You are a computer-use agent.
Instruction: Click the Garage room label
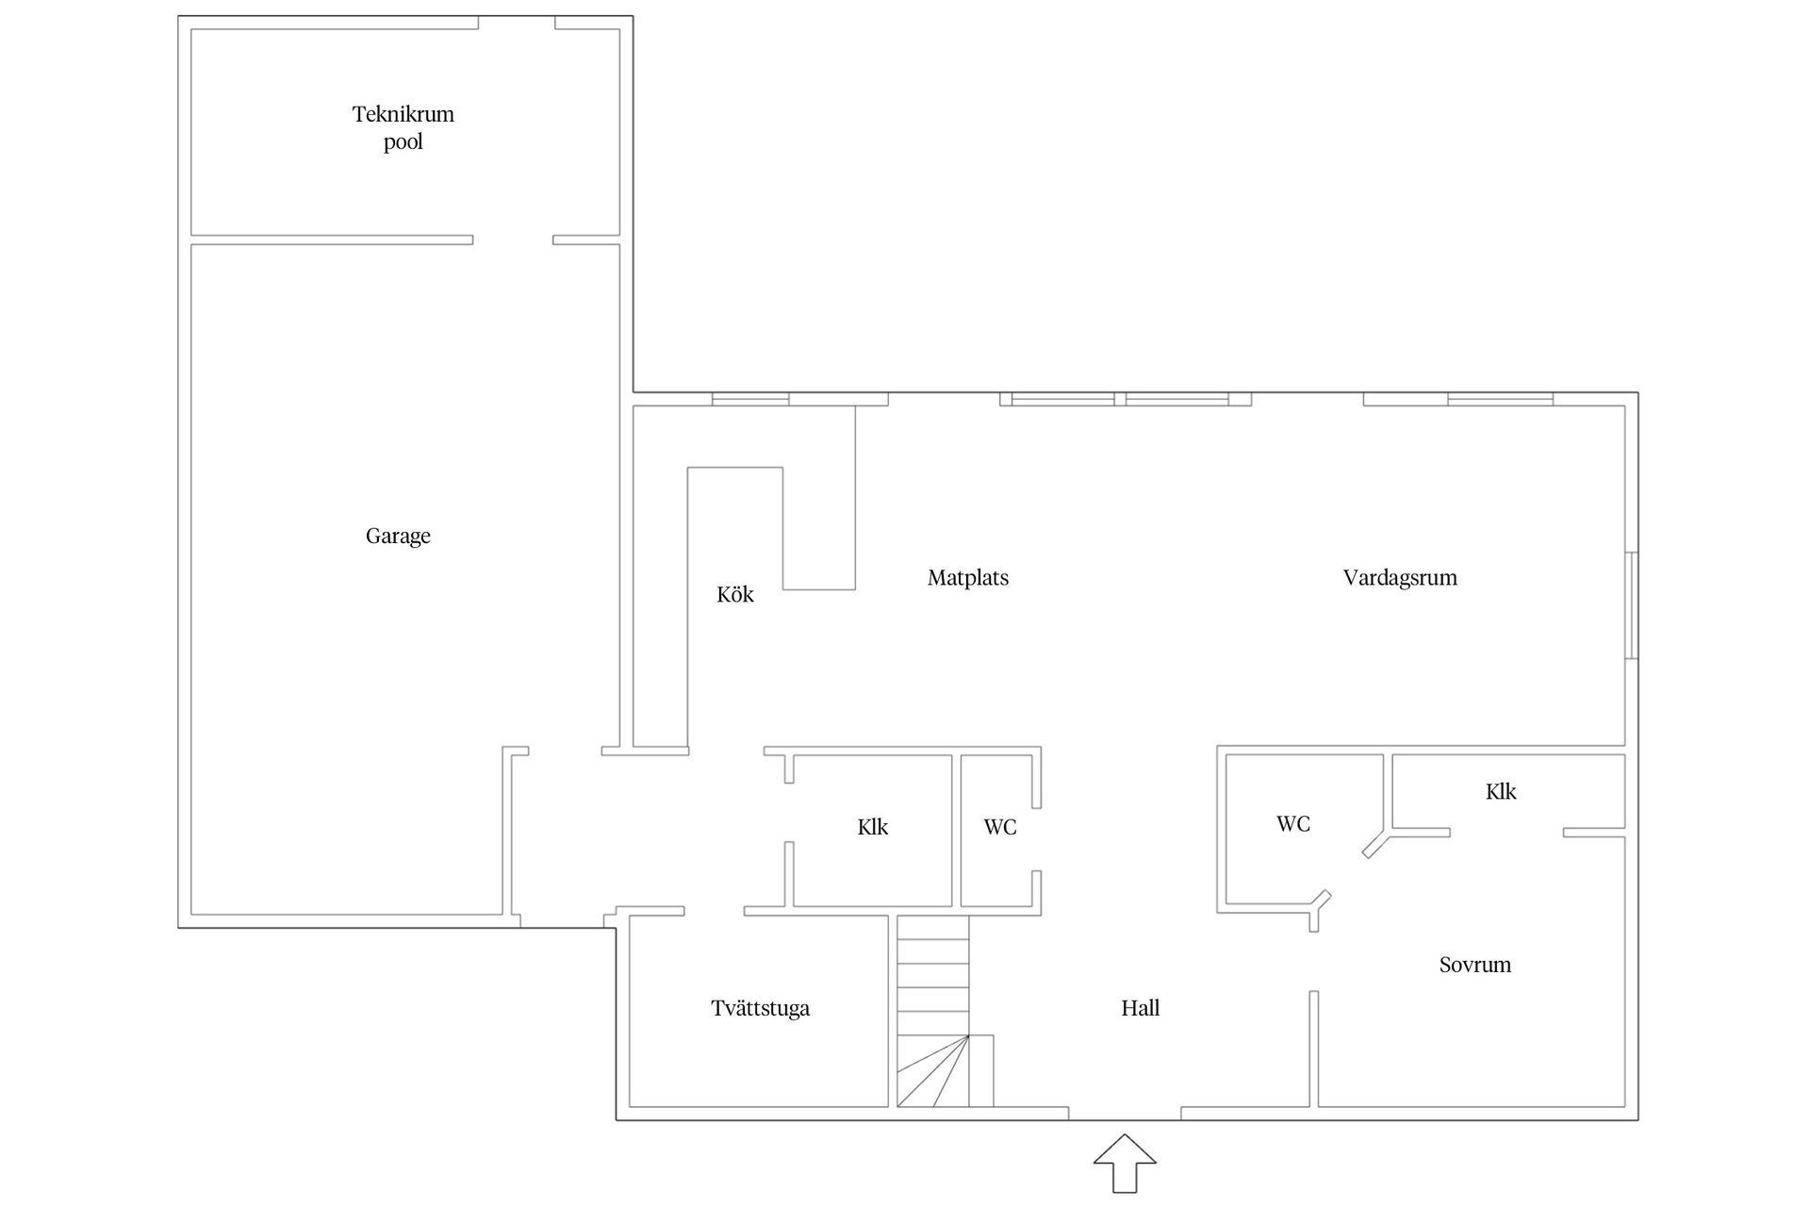[x=398, y=537]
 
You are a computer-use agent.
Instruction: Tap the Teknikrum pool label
[x=403, y=127]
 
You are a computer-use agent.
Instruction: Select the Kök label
[x=735, y=594]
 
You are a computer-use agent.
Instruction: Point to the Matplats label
[x=968, y=578]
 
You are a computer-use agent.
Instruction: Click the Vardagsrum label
[x=1400, y=578]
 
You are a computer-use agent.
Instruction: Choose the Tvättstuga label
[x=760, y=1008]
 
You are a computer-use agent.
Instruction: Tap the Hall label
[x=1140, y=1008]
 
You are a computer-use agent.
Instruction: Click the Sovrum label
[x=1475, y=965]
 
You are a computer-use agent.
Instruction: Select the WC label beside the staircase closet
[x=1000, y=827]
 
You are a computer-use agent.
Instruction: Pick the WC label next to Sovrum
[x=1293, y=824]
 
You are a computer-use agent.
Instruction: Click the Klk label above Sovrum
[x=1501, y=791]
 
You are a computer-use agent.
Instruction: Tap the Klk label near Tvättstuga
[x=873, y=827]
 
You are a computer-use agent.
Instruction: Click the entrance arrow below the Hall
[x=1125, y=1164]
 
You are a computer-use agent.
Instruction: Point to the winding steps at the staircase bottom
[x=933, y=1071]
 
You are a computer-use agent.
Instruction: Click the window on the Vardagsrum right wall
[x=1632, y=605]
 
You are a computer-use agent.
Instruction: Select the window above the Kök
[x=750, y=399]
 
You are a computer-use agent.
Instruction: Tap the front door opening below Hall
[x=1125, y=1114]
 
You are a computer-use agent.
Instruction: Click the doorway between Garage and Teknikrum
[x=513, y=240]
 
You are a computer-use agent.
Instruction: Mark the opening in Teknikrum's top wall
[x=517, y=23]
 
